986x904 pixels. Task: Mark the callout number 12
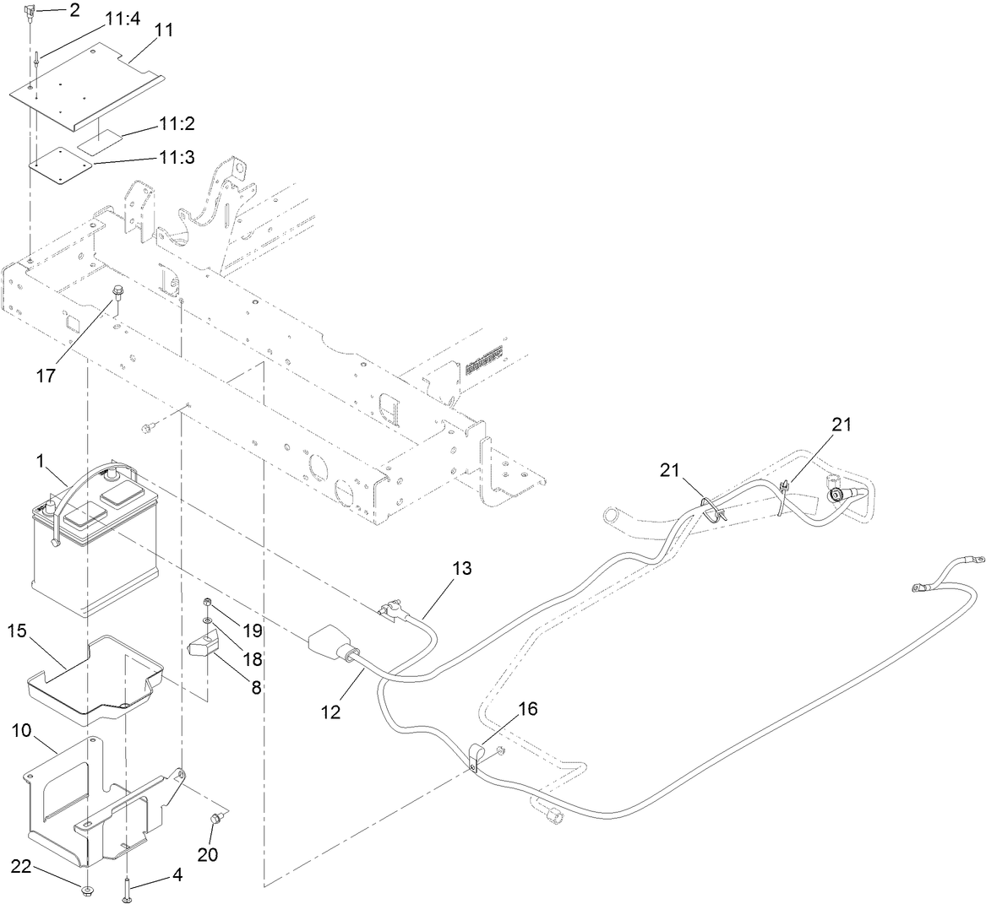coord(330,712)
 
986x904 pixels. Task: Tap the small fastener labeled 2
coord(30,13)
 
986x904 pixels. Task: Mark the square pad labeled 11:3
coord(62,165)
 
